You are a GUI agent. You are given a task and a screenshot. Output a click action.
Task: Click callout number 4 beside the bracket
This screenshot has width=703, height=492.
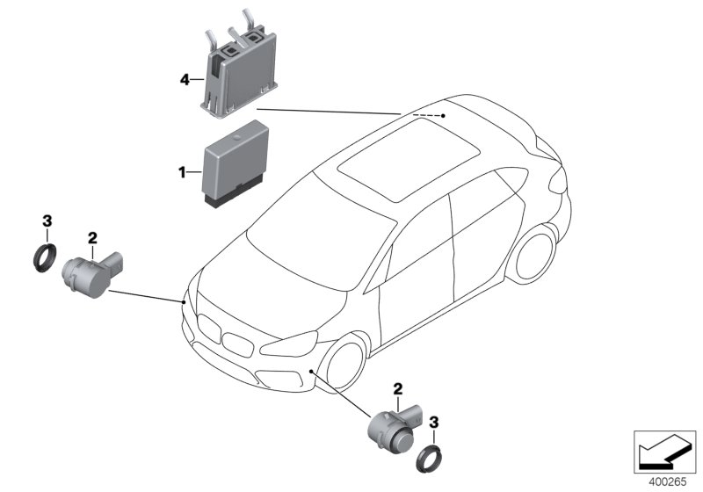click(185, 80)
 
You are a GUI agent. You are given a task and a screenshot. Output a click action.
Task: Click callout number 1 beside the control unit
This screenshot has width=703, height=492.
click(182, 172)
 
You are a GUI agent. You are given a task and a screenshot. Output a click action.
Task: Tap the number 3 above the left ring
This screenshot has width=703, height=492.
click(47, 221)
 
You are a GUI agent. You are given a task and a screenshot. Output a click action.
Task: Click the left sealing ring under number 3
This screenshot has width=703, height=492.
click(46, 257)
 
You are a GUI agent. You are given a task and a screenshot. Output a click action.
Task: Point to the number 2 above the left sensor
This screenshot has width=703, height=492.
click(92, 238)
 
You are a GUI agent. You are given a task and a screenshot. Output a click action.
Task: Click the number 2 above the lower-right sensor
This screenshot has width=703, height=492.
click(398, 389)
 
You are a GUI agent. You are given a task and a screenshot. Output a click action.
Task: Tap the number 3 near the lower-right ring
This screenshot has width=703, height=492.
click(433, 422)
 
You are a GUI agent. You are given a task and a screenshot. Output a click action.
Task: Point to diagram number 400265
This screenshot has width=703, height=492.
click(668, 482)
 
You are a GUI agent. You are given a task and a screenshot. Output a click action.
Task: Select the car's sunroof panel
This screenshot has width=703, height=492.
click(409, 162)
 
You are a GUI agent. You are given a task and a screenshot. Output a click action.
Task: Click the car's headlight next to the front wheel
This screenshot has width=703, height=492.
click(289, 344)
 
